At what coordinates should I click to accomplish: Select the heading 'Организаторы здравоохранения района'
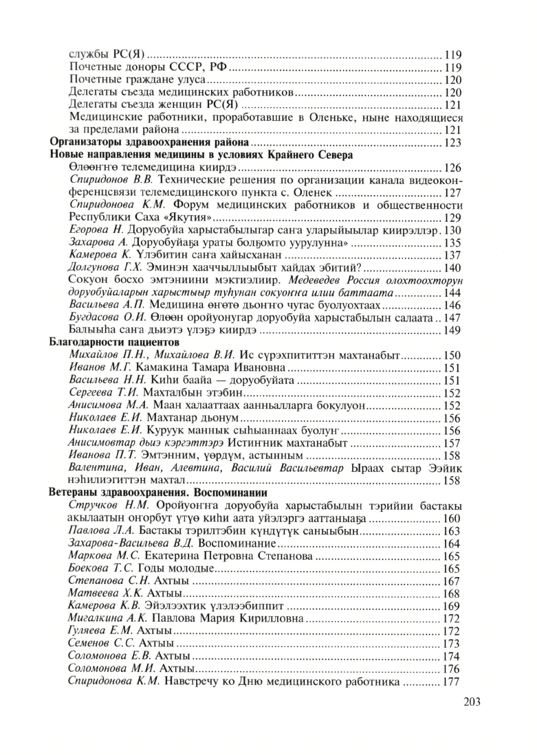point(149,142)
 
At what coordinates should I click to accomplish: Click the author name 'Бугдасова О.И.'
point(105,318)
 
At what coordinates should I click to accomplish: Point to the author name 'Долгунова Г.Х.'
point(107,268)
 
